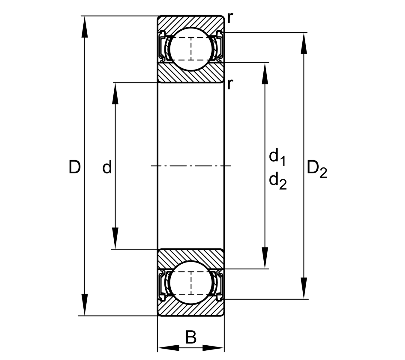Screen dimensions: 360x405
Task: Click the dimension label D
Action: pyautogui.click(x=75, y=167)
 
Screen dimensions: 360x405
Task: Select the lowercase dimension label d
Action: pyautogui.click(x=107, y=167)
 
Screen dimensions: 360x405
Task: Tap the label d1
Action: pyautogui.click(x=277, y=157)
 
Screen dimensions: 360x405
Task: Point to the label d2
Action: pyautogui.click(x=277, y=181)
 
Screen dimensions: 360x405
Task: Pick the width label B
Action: pyautogui.click(x=191, y=337)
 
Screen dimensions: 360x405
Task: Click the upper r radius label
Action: pyautogui.click(x=230, y=18)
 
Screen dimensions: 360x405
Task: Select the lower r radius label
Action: pyautogui.click(x=230, y=84)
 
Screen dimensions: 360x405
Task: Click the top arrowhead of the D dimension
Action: pyautogui.click(x=85, y=27)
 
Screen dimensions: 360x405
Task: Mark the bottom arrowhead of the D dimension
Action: pyautogui.click(x=85, y=304)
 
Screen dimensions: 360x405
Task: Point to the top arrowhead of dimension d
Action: pyautogui.click(x=115, y=93)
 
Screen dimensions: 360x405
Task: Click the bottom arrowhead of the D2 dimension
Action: pyautogui.click(x=304, y=288)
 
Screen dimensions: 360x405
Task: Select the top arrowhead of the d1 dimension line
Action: pyautogui.click(x=265, y=73)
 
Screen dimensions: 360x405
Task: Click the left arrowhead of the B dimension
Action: pyautogui.click(x=168, y=348)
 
